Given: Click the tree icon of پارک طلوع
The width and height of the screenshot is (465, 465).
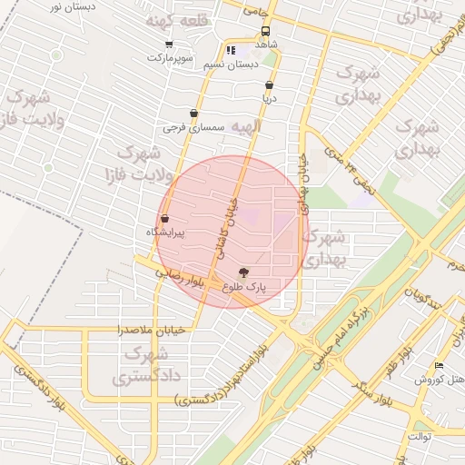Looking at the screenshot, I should (x=243, y=272).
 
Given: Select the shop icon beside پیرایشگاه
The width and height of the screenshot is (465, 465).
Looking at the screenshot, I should (x=164, y=219).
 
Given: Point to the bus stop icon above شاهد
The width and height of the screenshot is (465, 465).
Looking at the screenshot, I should (x=264, y=30).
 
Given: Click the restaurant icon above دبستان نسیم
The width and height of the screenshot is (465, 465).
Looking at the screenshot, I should (x=231, y=51).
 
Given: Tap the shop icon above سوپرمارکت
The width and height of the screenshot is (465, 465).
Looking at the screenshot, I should (x=169, y=44).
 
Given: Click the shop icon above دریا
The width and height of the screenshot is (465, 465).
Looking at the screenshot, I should (x=269, y=84).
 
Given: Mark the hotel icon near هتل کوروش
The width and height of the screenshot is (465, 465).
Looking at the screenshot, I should (x=440, y=366).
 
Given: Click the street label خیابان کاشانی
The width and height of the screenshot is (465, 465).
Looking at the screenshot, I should (x=225, y=226).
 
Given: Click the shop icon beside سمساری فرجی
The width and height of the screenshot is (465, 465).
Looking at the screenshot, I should (x=193, y=114).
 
